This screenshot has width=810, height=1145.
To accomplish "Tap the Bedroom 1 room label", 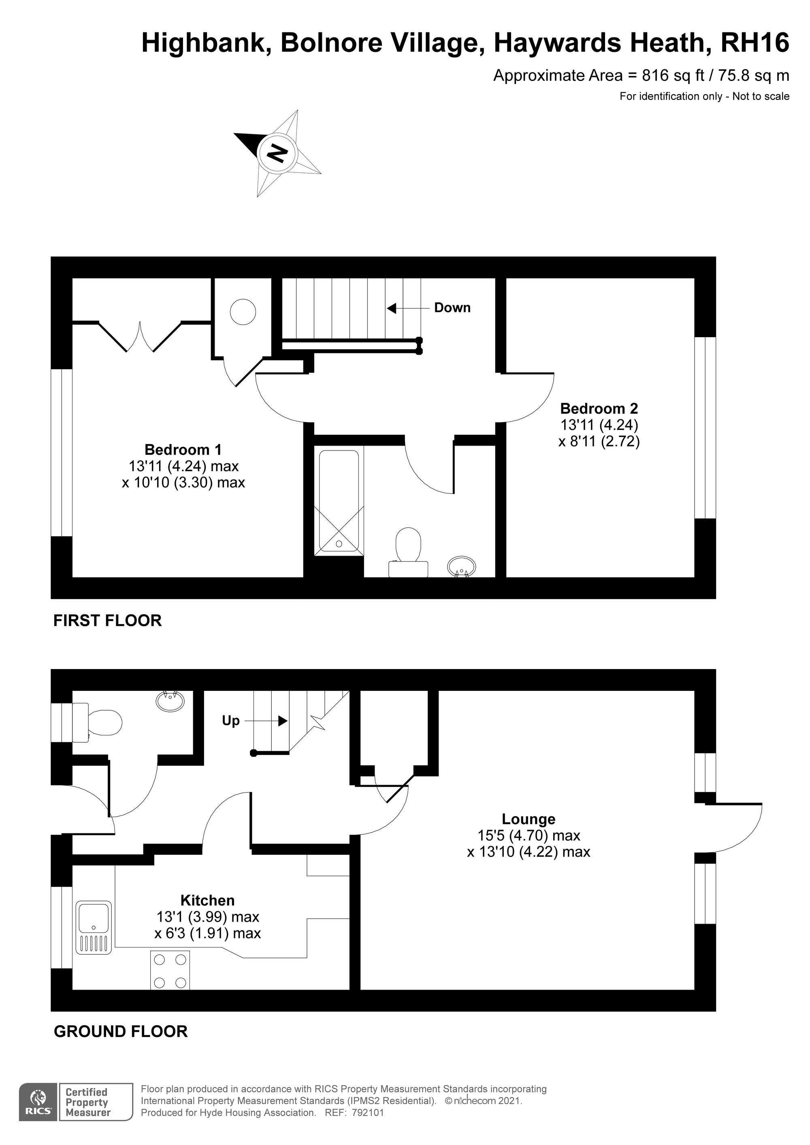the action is tap(183, 449).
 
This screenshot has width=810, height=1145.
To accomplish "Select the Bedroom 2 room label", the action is tap(599, 408).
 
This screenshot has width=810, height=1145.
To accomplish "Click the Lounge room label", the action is tap(529, 819).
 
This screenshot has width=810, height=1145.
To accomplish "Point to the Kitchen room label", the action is tap(208, 900).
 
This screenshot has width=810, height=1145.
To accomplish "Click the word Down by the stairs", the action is tap(452, 308).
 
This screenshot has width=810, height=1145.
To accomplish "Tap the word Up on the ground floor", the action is tap(230, 720).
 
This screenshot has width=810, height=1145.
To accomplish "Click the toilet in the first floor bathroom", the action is tap(408, 552).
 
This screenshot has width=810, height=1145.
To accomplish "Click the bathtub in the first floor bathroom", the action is tap(339, 503).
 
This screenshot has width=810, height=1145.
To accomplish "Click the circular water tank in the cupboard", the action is tap(243, 312).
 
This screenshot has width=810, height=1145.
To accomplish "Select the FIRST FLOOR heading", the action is tap(108, 620).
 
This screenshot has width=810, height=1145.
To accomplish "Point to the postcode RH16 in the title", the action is tap(755, 42).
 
